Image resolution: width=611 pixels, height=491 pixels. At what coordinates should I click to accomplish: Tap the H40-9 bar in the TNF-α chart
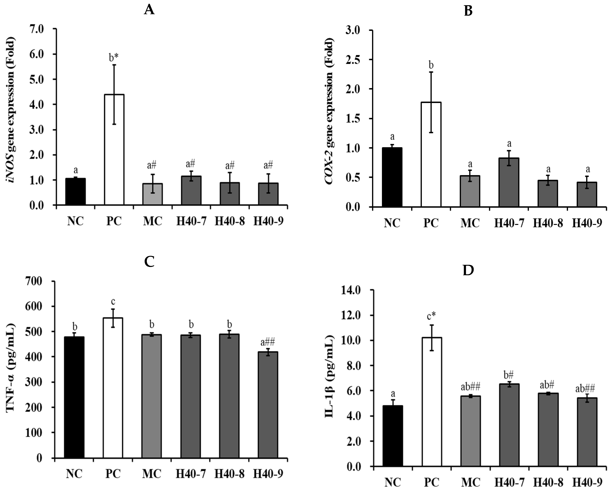268,405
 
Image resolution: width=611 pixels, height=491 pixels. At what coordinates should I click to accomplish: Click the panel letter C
149,262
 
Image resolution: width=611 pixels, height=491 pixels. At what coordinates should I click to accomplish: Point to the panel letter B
468,11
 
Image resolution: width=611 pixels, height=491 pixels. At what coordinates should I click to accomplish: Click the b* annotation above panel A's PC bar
114,57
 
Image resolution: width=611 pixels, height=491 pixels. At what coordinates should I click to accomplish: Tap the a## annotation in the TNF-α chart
268,342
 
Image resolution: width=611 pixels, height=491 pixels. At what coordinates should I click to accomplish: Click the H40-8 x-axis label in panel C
229,474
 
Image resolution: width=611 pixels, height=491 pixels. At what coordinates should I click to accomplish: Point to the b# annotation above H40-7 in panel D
509,375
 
